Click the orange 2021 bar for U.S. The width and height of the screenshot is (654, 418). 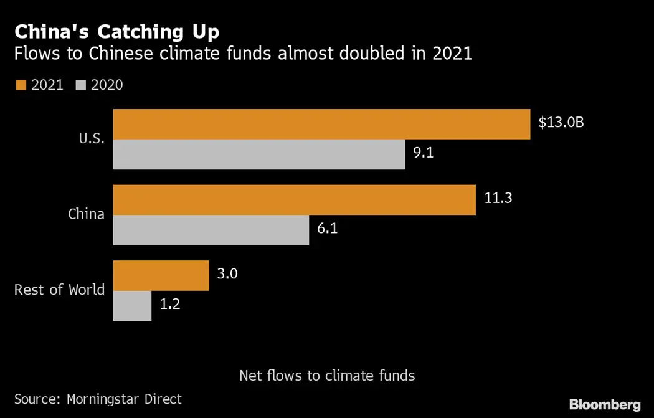tap(321, 124)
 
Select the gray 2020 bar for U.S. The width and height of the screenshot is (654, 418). tap(258, 154)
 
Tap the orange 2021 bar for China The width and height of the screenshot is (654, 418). tap(294, 199)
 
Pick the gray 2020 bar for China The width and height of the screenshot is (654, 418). tap(211, 230)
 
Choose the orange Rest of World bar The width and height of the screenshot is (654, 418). tap(161, 275)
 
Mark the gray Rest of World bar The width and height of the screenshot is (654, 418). tap(132, 306)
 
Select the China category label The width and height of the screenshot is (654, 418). tap(86, 214)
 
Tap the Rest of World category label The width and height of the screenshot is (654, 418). tap(59, 290)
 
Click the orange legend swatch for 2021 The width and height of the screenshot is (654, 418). tap(20, 85)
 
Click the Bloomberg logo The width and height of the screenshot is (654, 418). tap(604, 404)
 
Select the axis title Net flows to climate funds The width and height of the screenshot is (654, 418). tap(327, 376)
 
